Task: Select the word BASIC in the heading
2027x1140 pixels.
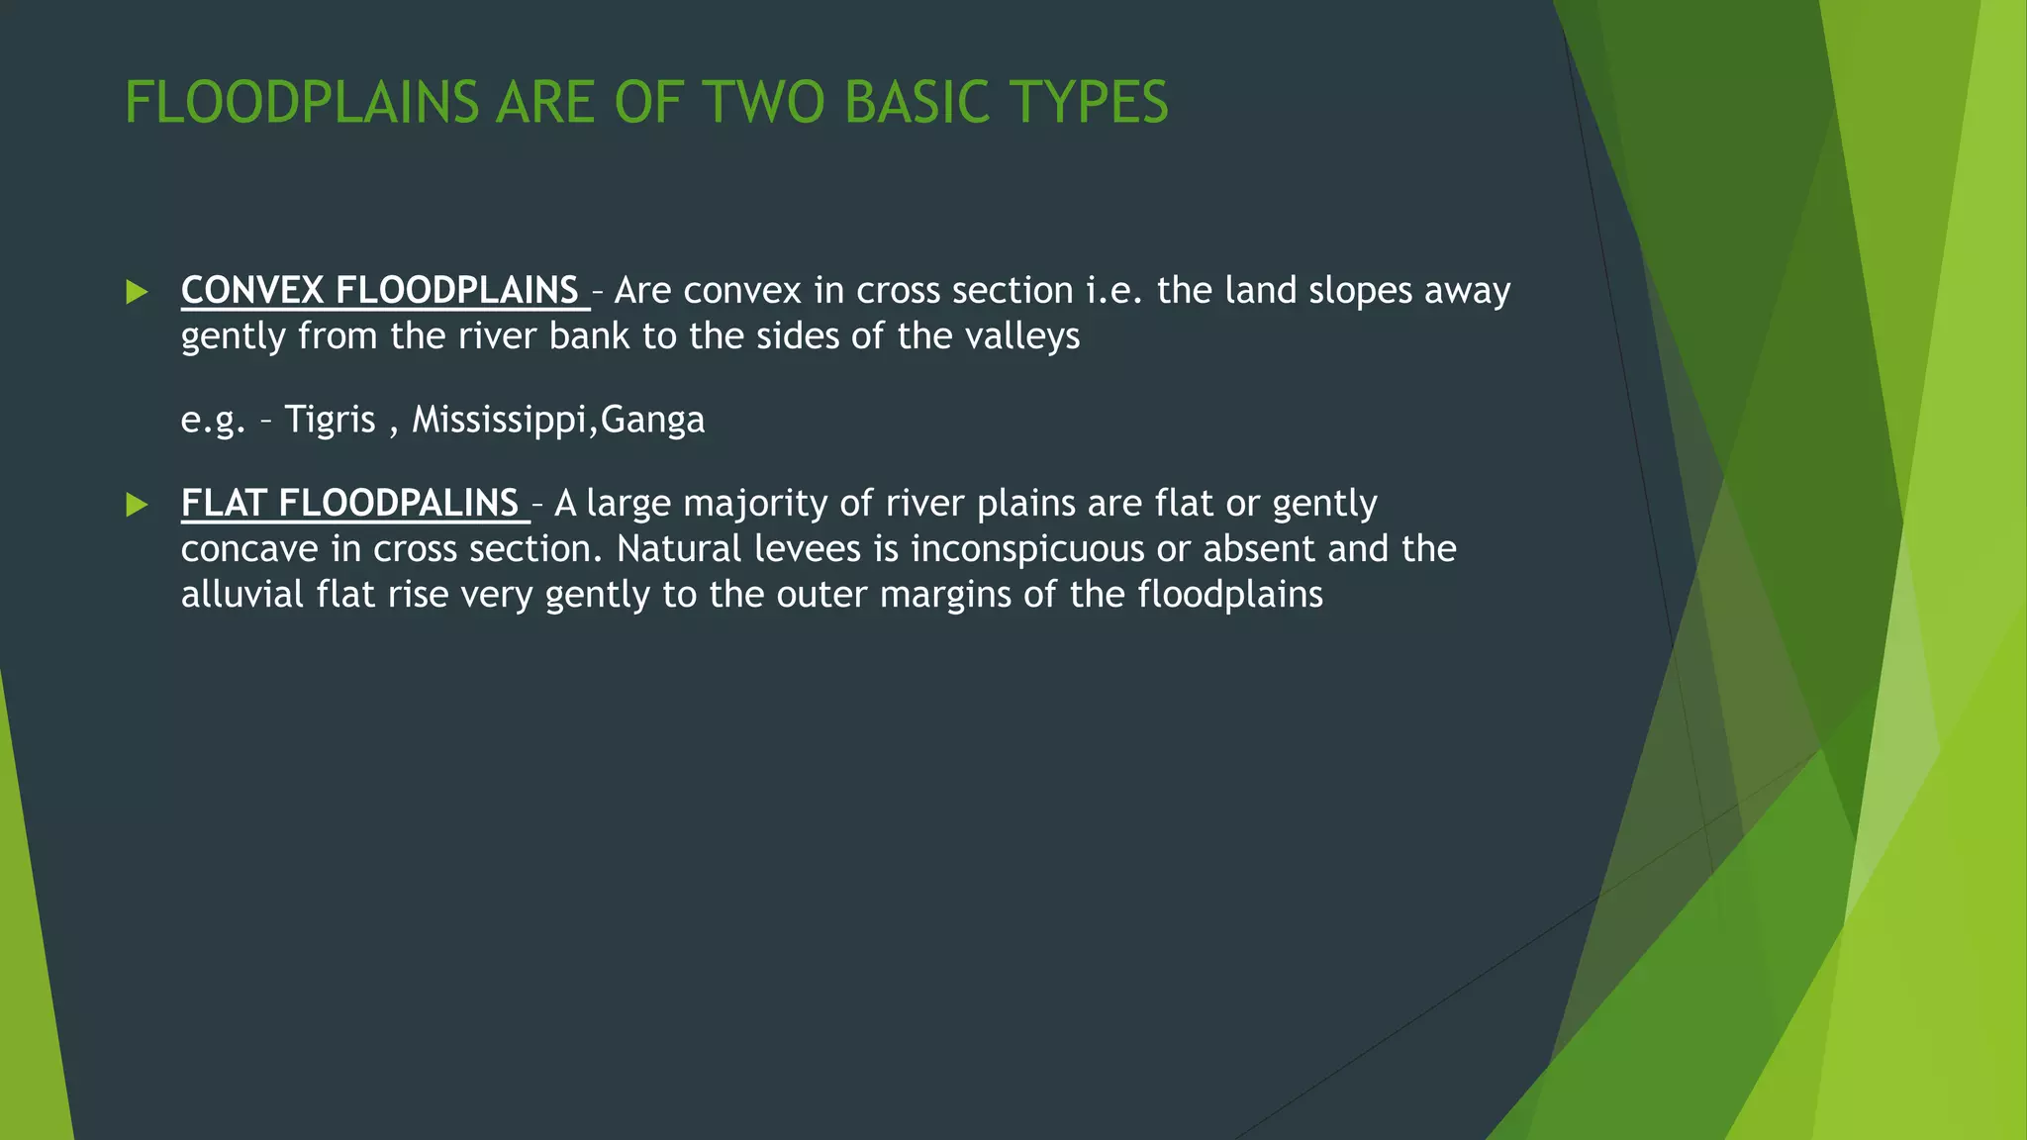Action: click(917, 103)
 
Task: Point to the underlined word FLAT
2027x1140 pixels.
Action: click(224, 503)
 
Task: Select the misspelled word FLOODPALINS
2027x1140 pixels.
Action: click(399, 503)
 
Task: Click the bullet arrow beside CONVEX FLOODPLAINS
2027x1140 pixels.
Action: click(137, 292)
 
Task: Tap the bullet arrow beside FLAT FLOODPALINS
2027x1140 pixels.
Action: click(137, 505)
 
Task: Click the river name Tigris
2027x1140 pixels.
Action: click(330, 420)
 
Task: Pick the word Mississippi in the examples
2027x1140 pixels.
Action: click(503, 420)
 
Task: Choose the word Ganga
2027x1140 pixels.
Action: click(652, 420)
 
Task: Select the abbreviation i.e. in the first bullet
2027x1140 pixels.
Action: click(1114, 291)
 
